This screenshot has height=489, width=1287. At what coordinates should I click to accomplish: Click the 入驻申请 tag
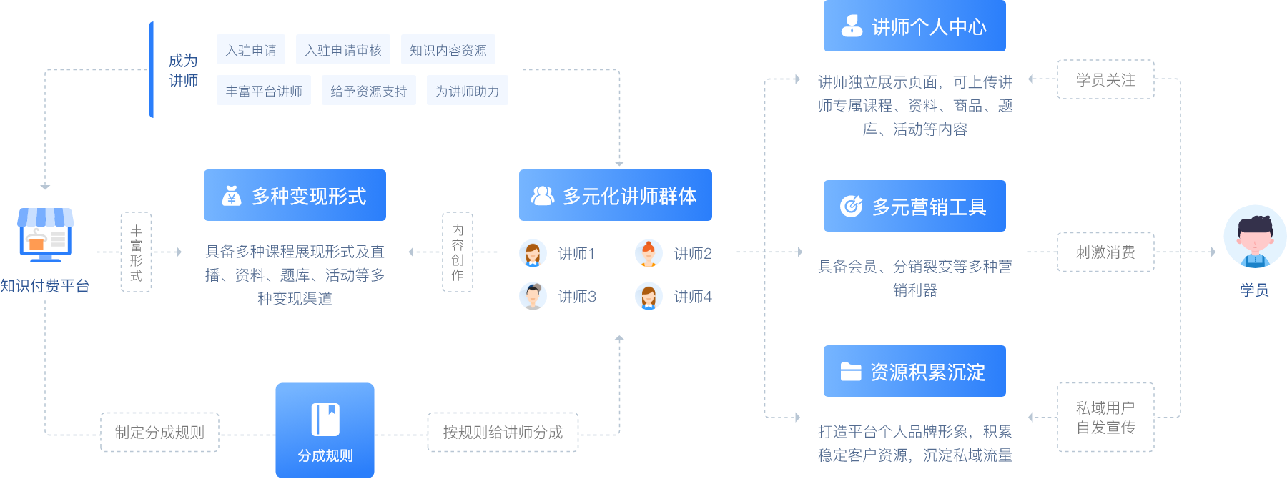point(251,50)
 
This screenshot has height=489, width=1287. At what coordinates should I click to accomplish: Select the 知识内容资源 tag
point(448,50)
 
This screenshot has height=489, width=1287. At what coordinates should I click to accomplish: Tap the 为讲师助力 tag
point(467,91)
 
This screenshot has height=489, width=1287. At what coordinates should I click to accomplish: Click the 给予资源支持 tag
point(368,91)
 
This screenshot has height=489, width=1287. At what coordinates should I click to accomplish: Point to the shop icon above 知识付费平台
point(45,234)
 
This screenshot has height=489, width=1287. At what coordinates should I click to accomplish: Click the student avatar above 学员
point(1254,237)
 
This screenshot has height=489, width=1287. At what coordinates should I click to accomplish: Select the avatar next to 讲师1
point(533,253)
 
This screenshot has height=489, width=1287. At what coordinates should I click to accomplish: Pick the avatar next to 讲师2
point(649,253)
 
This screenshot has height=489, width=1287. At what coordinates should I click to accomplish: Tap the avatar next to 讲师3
point(533,296)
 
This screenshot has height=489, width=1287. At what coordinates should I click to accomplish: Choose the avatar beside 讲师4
point(649,296)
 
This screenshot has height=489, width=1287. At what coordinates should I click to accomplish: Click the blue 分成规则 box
point(325,430)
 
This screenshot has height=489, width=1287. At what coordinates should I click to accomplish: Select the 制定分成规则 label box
point(159,432)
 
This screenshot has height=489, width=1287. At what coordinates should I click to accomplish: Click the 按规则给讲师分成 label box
point(503,432)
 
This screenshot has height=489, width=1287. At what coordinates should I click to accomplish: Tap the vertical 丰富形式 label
point(136,252)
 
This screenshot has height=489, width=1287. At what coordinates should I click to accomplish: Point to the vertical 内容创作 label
point(458,252)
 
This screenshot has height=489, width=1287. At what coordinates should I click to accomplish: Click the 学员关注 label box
point(1105,79)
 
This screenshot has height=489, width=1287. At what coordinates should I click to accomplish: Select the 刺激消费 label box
point(1105,252)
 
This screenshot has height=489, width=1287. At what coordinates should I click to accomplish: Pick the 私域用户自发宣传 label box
point(1105,418)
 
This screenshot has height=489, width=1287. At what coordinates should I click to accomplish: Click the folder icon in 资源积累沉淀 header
point(850,371)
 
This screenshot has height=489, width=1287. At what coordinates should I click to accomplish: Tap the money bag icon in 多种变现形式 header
point(231,195)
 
